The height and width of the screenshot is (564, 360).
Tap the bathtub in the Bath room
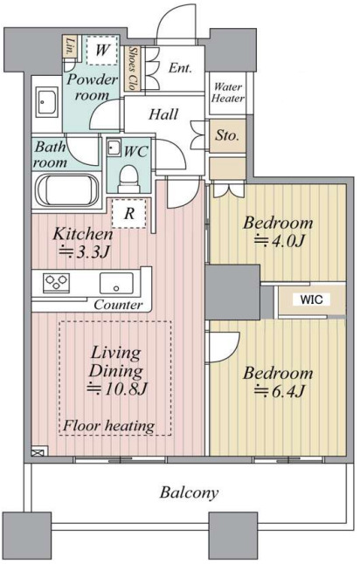[67, 190]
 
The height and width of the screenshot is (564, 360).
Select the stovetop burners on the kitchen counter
[57, 282]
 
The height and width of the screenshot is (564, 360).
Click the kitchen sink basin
[116, 284]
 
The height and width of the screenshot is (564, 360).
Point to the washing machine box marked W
[102, 50]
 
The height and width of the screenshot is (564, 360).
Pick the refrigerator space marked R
[128, 213]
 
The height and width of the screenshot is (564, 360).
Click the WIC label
[311, 299]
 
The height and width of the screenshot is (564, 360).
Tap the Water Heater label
[227, 93]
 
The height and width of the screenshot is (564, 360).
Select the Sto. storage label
[227, 135]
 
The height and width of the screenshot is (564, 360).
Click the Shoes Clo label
[133, 69]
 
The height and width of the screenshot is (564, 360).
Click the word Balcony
[189, 492]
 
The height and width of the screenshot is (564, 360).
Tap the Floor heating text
[108, 426]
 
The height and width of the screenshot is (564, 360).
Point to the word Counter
[118, 305]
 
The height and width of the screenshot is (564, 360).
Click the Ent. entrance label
[180, 67]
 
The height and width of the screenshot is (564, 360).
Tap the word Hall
[163, 114]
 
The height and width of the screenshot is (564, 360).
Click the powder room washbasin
[47, 102]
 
